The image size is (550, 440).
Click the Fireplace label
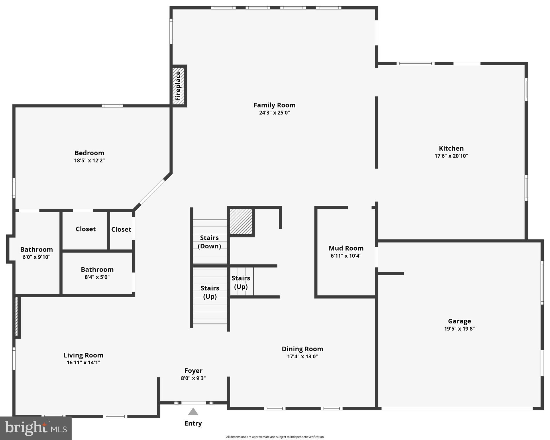178,86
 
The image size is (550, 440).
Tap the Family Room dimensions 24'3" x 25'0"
274,113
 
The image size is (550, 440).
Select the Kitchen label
451,148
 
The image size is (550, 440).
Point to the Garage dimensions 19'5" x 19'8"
459,329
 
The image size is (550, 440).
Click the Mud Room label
346,248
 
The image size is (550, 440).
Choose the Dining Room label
302,349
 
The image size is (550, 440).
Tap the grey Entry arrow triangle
193,412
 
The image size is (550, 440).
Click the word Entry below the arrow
193,423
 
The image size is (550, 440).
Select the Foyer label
193,371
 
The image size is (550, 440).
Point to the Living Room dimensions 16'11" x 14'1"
83,363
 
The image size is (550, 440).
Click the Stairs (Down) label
209,242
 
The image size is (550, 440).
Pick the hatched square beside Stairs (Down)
241,221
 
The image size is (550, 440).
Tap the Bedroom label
89,153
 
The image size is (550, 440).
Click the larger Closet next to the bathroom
86,229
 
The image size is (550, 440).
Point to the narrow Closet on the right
121,229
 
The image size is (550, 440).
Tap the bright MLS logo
36,428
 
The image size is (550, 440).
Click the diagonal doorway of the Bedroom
152,192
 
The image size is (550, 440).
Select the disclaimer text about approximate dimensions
275,437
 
